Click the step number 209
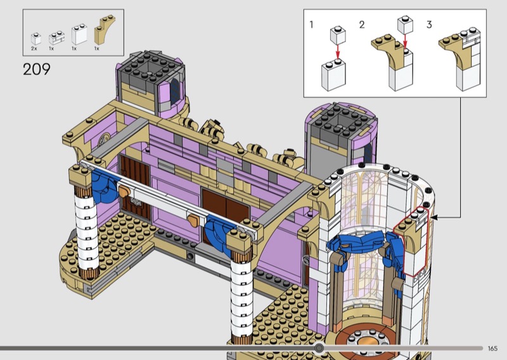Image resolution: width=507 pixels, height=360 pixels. coord(37,69)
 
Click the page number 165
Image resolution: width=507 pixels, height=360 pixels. coord(492,349)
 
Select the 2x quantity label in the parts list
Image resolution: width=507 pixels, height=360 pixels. coord(34,49)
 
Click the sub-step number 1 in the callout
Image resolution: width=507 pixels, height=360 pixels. coord(311,25)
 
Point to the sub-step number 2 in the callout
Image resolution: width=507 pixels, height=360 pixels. coord(362,25)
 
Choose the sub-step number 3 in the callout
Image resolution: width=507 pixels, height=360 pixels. coord(429,25)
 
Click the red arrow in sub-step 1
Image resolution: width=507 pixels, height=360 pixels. coord(338,52)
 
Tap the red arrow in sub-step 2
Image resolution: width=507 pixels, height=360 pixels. coord(405,42)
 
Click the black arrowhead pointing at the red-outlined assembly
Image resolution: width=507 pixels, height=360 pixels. coord(434,217)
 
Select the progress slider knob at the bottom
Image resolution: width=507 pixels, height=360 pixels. coord(319,348)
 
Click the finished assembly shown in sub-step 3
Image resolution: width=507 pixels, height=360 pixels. coord(459,58)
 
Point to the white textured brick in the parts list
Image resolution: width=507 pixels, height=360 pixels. coord(56,37)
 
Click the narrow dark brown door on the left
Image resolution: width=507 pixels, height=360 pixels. coord(135,186)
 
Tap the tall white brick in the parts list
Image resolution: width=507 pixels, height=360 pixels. coord(79,34)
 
